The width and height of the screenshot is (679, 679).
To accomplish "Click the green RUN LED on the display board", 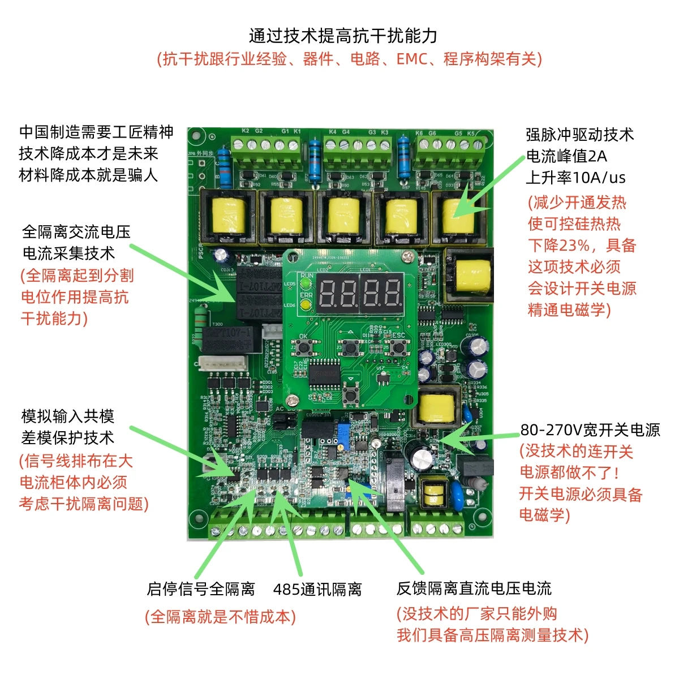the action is point(306,282).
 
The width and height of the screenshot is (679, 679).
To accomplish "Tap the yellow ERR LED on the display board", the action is point(306,305).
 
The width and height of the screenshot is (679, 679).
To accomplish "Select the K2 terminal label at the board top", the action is point(246,131).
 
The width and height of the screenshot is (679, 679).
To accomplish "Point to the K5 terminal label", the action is point(471,134).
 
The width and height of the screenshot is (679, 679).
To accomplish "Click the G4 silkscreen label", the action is point(346,132).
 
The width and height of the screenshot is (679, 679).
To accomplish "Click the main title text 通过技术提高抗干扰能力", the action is point(343,36).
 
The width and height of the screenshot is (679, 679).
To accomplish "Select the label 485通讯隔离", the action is point(317,590).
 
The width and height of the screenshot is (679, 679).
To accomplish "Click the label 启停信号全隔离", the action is point(201,589).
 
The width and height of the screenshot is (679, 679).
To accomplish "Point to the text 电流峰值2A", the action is point(566,156).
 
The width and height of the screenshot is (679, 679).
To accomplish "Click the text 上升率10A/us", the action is point(575,178).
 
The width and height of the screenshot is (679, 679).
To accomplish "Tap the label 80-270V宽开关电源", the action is point(590,430).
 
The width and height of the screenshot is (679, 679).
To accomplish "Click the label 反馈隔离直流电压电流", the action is point(474,588).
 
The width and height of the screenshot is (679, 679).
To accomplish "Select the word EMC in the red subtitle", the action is point(411,59).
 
